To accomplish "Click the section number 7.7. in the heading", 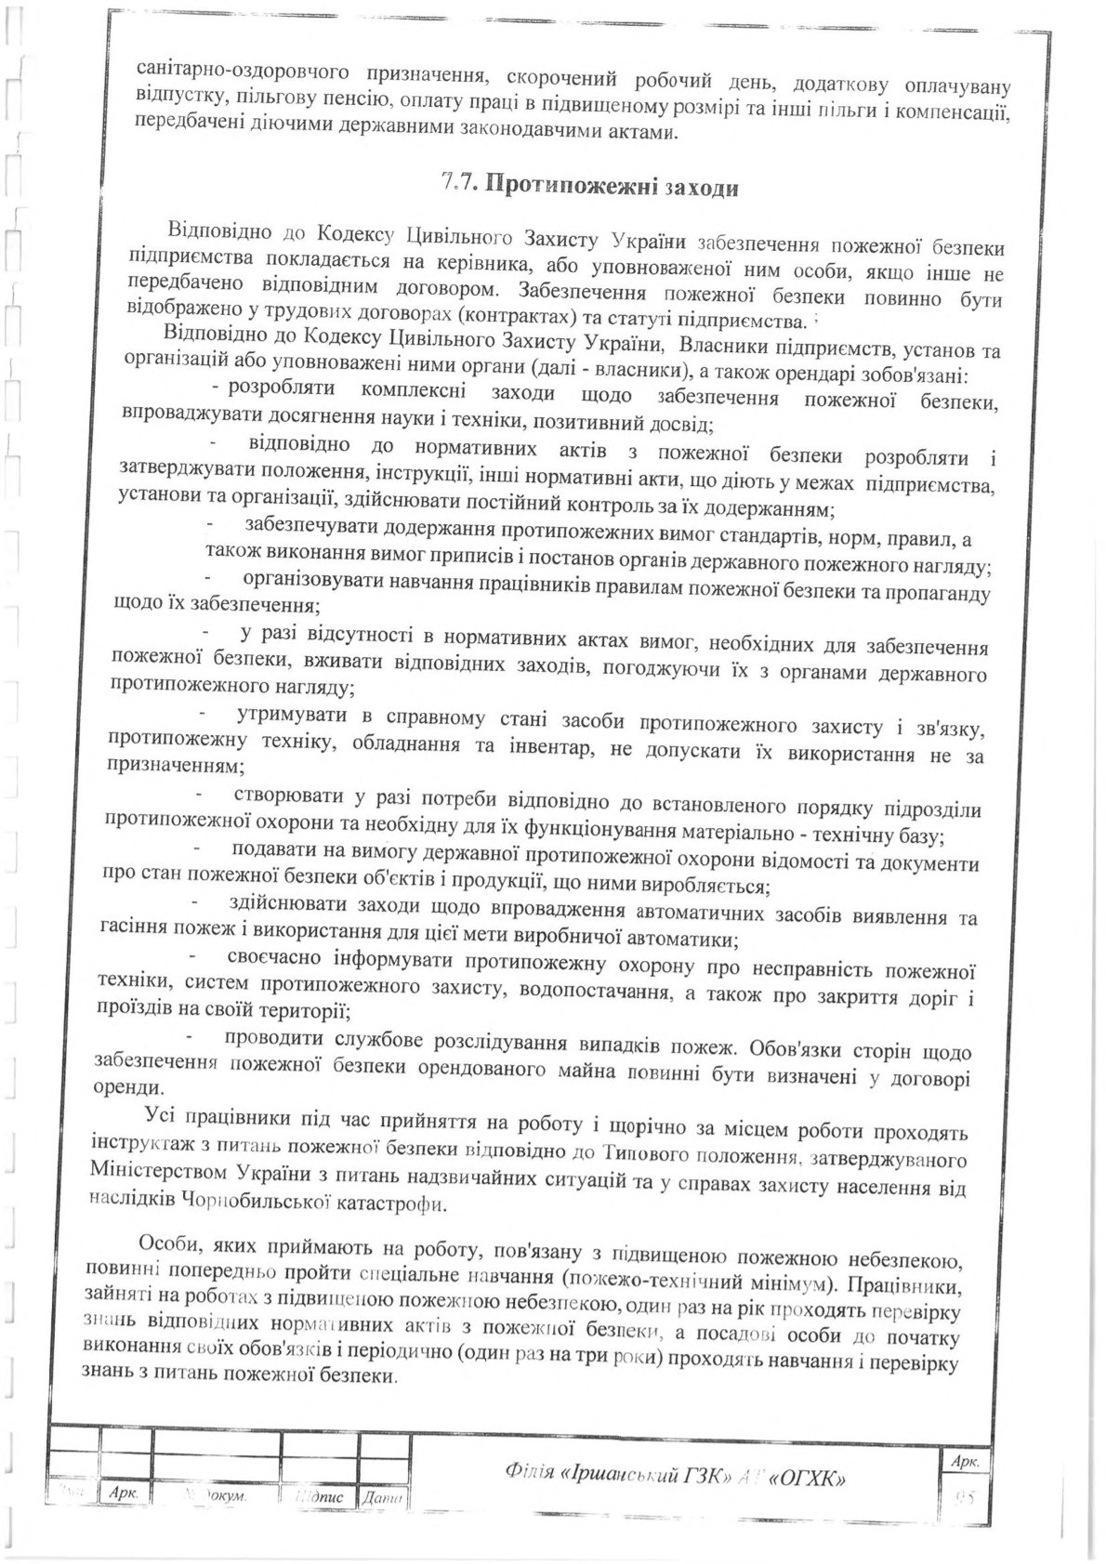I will point(458,183).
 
